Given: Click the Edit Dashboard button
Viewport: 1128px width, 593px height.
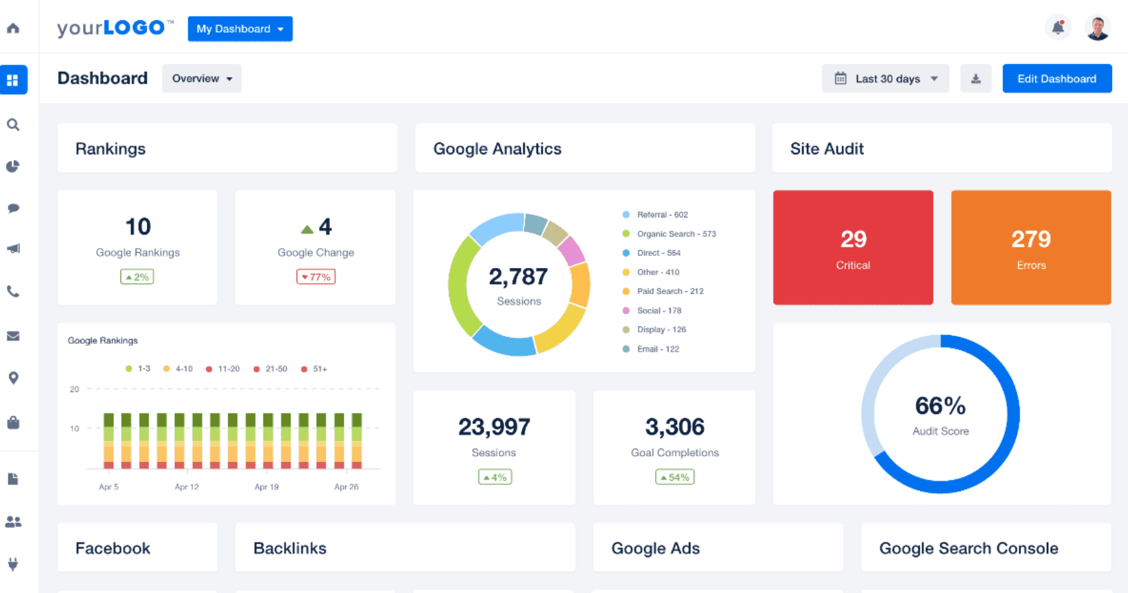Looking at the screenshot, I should (x=1056, y=78).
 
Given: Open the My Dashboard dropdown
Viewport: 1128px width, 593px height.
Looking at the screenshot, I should (x=239, y=29).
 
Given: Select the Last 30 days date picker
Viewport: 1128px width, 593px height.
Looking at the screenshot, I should (x=885, y=78).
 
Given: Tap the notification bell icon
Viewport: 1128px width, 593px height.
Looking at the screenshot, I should (x=1057, y=28).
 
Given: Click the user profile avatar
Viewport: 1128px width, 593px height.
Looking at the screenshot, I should (x=1097, y=28).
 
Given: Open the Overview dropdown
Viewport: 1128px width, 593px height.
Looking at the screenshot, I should (x=202, y=78).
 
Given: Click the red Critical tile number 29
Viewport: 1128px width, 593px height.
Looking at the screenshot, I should (x=853, y=239).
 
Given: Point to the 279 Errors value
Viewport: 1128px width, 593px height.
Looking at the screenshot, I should (x=1031, y=239).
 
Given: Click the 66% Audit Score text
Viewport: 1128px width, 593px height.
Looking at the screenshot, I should (x=940, y=406).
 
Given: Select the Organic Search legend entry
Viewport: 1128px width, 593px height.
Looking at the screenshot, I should (x=676, y=234).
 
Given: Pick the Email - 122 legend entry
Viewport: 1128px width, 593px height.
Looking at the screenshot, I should (x=657, y=349).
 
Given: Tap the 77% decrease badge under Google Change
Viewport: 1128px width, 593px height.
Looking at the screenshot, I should (x=316, y=277).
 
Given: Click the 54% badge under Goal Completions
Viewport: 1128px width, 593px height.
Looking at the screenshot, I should (x=674, y=477).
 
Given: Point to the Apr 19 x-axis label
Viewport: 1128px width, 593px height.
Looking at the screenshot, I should (x=266, y=487).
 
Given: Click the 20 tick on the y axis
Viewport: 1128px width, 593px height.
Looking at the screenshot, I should (x=74, y=390).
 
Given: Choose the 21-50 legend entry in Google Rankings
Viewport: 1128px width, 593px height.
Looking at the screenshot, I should (x=275, y=369).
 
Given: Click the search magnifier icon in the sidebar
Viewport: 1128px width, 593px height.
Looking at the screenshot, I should (x=13, y=125).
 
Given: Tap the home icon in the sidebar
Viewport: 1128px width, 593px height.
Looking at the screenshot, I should (x=13, y=28).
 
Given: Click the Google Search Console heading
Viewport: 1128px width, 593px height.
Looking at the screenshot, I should (x=968, y=548).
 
